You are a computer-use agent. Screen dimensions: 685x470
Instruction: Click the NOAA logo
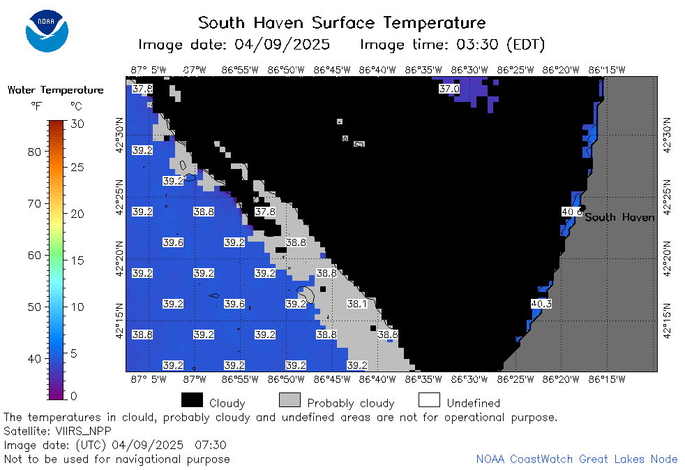click(x=47, y=31)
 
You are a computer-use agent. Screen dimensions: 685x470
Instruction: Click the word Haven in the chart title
click(x=278, y=22)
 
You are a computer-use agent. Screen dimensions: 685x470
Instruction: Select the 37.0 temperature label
click(x=449, y=89)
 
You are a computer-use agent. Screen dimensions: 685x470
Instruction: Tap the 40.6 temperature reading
click(x=571, y=212)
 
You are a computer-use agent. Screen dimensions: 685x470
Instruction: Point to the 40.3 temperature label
click(x=541, y=303)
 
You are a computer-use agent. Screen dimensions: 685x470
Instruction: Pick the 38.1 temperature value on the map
click(x=357, y=303)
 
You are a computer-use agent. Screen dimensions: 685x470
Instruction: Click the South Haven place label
click(x=619, y=217)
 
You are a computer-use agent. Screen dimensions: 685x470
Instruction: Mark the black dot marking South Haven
click(x=582, y=207)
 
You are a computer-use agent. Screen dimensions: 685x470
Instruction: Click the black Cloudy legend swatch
click(x=193, y=400)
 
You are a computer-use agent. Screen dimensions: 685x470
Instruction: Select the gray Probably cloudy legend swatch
click(x=289, y=400)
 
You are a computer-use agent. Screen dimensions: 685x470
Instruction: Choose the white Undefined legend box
click(x=429, y=400)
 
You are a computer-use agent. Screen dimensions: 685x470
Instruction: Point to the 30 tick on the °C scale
click(x=77, y=124)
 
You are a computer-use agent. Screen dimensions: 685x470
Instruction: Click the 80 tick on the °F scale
click(x=34, y=152)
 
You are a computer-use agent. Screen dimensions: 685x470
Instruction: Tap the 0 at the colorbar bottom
click(x=73, y=396)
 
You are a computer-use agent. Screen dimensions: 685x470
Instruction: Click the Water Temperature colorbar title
click(x=56, y=90)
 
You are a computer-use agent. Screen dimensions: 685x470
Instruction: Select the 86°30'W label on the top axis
click(x=469, y=70)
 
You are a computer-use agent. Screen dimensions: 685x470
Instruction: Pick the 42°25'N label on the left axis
click(x=119, y=197)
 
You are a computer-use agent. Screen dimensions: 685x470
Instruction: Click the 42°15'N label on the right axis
click(x=667, y=321)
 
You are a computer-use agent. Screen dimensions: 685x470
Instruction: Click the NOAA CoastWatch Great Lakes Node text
click(x=577, y=459)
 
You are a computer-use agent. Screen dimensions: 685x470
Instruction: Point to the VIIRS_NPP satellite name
click(x=84, y=432)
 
